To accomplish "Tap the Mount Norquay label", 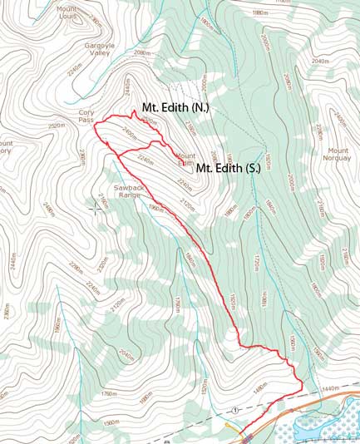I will click(342, 170).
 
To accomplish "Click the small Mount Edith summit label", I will click(185, 159).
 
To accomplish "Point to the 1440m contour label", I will click(332, 388).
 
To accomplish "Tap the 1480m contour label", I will click(260, 386).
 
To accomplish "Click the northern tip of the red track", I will click(133, 110).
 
